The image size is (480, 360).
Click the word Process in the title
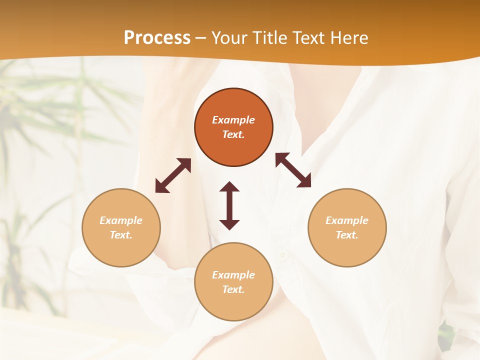[x=157, y=38]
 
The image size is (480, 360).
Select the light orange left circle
[x=121, y=250]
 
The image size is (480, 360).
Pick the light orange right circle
[x=347, y=250]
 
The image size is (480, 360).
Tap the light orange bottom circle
[x=233, y=305]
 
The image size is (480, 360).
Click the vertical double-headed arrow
[x=229, y=205]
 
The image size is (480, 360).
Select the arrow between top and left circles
[x=173, y=175]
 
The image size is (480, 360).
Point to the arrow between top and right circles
[x=293, y=170]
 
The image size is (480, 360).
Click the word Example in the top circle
[x=233, y=120]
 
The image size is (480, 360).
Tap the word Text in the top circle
[x=233, y=134]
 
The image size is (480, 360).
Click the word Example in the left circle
[x=121, y=220]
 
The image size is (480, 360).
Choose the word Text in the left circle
[x=121, y=235]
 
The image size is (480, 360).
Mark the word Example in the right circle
[x=347, y=220]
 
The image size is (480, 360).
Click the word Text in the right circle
[x=347, y=235]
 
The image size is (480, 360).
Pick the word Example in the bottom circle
[x=233, y=275]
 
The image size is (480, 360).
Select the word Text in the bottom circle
[x=233, y=289]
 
